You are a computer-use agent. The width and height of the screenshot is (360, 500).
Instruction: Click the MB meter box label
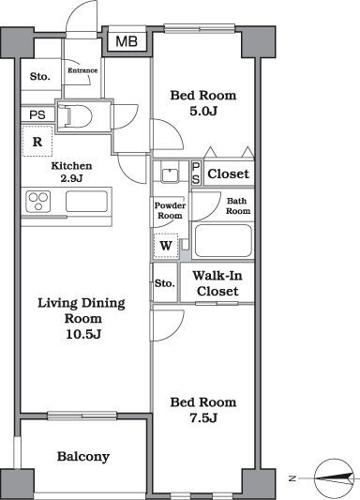tap(127, 41)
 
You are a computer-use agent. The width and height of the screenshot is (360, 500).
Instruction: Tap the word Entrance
tap(82, 70)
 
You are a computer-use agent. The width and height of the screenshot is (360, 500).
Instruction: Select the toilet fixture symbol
tap(76, 115)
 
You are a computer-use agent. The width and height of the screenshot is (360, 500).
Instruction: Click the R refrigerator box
tap(37, 142)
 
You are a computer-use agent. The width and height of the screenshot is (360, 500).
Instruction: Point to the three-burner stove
tap(38, 202)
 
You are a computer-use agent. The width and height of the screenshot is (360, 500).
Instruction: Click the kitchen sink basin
tap(86, 201)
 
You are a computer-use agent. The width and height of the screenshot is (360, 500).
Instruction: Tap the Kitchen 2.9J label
tap(71, 172)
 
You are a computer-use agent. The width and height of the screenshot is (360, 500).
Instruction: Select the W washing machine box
tap(166, 246)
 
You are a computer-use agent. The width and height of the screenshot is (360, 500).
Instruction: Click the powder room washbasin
tap(170, 175)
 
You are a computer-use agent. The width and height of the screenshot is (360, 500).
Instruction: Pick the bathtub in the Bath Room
tap(223, 241)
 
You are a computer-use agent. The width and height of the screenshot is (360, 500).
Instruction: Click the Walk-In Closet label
tap(217, 283)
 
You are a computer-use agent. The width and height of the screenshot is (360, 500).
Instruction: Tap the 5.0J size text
tap(203, 112)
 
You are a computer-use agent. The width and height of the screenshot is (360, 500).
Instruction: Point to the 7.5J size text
tap(203, 417)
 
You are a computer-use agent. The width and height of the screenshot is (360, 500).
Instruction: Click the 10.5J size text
tap(83, 334)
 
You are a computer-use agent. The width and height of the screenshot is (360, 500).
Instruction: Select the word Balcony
tap(83, 457)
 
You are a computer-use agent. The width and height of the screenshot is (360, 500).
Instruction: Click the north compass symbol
tap(334, 477)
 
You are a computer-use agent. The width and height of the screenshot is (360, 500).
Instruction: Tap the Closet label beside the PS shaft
tap(228, 174)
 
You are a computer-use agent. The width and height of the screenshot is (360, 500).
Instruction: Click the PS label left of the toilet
tap(37, 114)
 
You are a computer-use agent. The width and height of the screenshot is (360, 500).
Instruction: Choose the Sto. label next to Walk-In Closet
tap(165, 283)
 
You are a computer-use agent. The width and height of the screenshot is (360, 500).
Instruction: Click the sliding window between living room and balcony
tap(82, 416)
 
